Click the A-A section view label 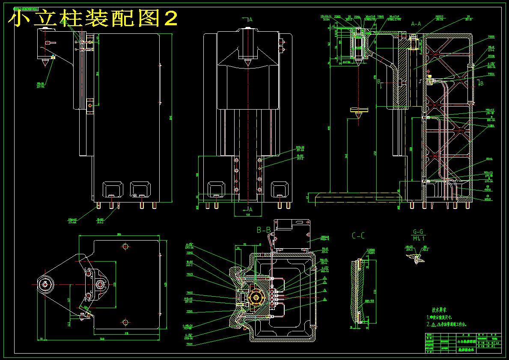416,24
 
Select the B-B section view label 264,230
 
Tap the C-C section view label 358,235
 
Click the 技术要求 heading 439,309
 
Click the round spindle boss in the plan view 45,284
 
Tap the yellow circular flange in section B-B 256,297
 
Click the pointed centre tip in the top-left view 45,64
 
